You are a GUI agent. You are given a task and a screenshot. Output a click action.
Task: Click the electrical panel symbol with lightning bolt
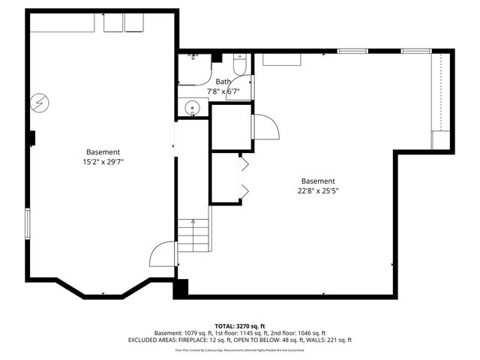click(x=38, y=102)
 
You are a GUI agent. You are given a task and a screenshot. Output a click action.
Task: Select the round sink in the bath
click(x=193, y=107)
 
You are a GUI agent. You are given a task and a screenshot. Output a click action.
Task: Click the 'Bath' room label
click(x=223, y=82)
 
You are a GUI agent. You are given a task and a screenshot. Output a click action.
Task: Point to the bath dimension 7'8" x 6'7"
click(x=223, y=91)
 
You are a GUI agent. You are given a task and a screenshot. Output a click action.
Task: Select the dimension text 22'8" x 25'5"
click(x=318, y=190)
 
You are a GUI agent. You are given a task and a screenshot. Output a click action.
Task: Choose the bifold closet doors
click(x=244, y=177)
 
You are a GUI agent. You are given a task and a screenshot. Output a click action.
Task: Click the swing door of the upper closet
click(x=265, y=126)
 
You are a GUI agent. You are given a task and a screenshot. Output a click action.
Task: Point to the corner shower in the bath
click(x=192, y=67)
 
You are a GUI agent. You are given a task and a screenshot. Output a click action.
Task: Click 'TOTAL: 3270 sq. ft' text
click(x=239, y=325)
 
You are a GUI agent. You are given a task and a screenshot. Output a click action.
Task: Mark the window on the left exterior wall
click(x=28, y=223)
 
